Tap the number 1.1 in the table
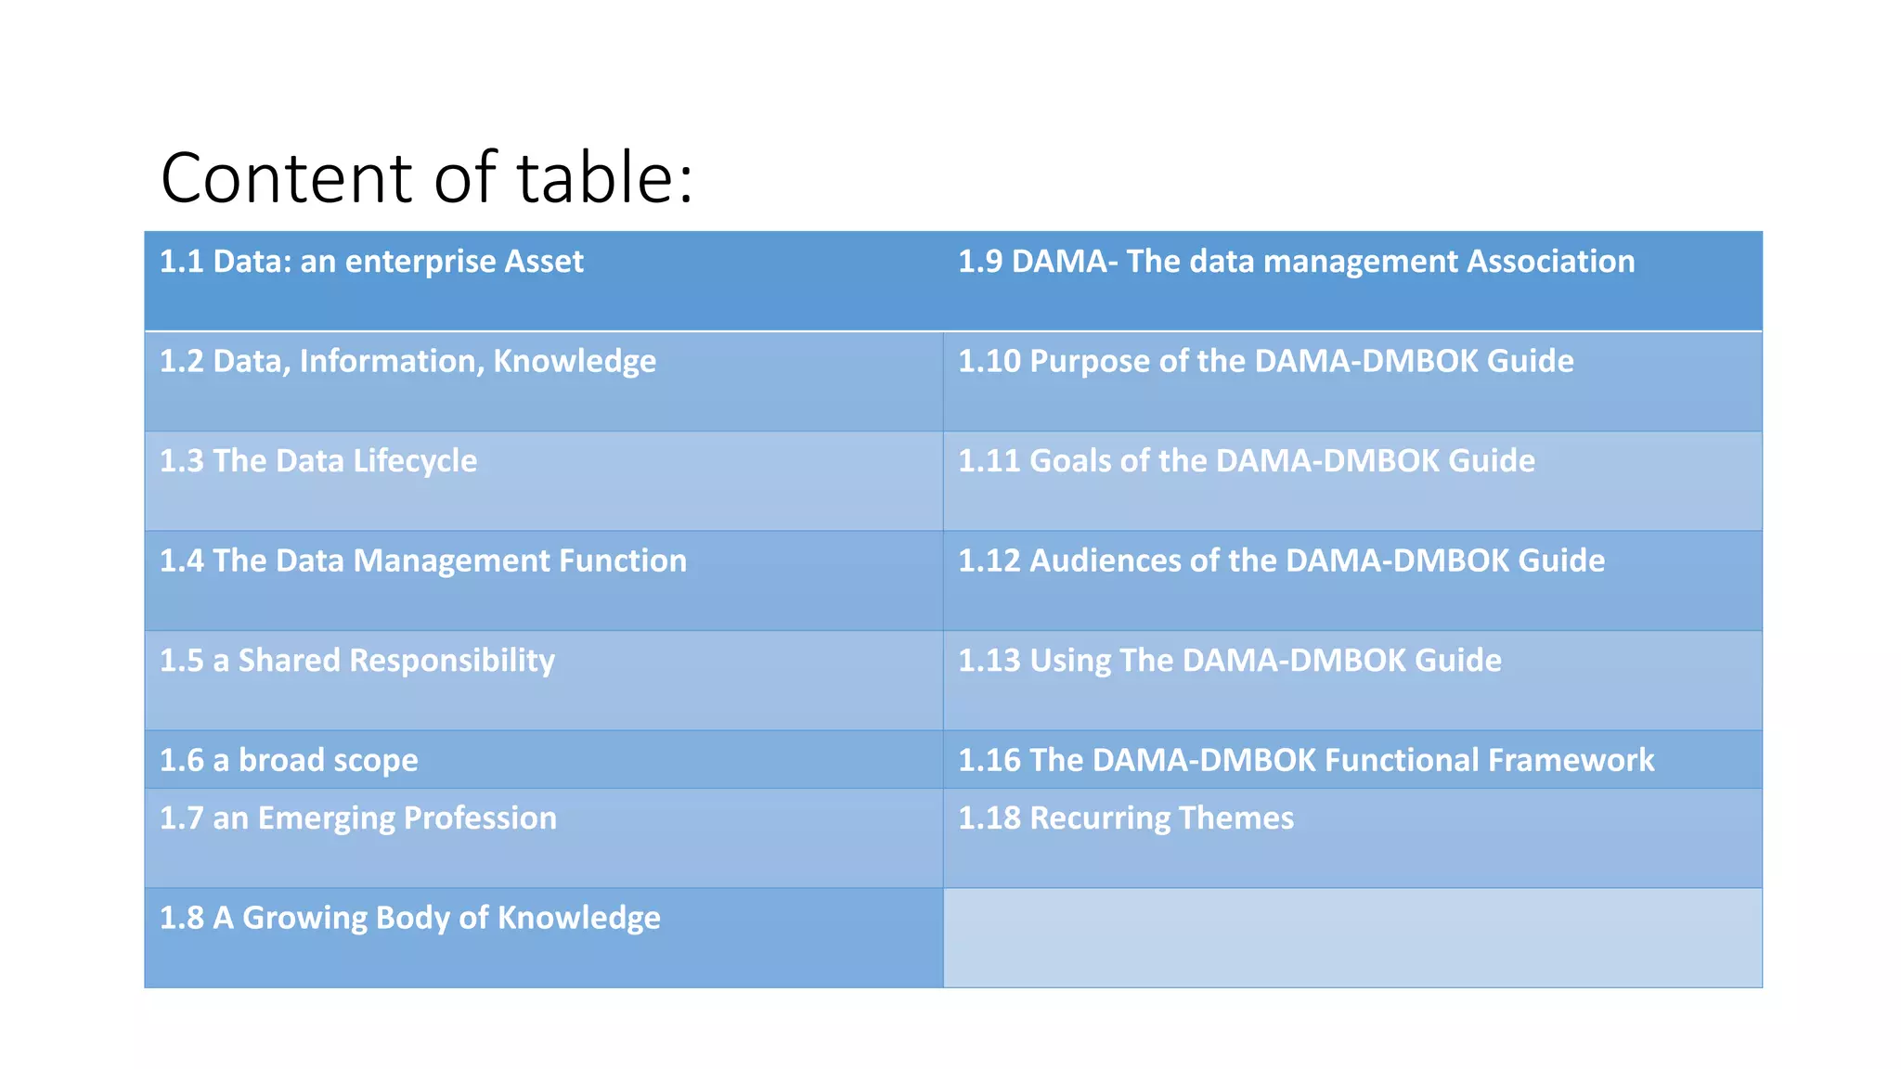click(x=181, y=262)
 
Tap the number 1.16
click(x=989, y=760)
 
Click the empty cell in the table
click(x=1351, y=937)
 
